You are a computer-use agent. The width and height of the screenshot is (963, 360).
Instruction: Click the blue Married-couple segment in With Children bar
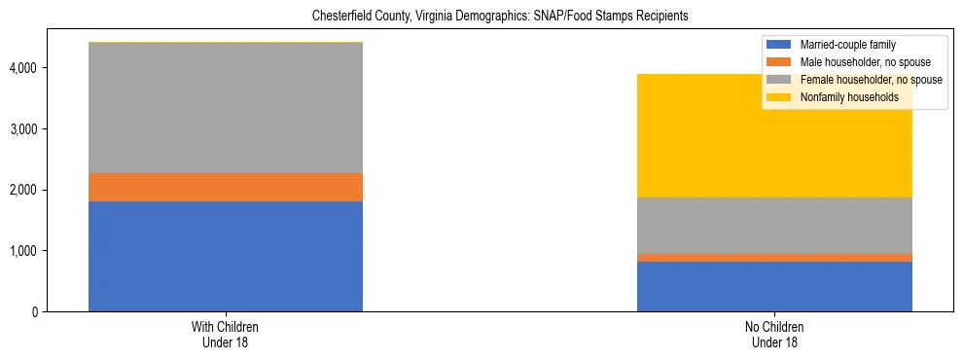click(x=226, y=256)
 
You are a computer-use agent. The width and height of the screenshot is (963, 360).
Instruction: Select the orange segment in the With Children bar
click(x=226, y=187)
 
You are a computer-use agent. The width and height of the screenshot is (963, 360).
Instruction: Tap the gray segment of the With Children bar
click(x=226, y=108)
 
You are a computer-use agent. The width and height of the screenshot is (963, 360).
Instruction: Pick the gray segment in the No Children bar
click(x=774, y=226)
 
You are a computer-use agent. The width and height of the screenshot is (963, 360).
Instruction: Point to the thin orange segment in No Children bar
click(x=774, y=258)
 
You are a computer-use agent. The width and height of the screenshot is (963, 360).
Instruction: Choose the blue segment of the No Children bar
click(x=774, y=286)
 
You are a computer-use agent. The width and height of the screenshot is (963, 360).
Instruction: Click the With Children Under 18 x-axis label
click(x=226, y=334)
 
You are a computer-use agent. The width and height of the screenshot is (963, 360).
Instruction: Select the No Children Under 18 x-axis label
click(x=774, y=334)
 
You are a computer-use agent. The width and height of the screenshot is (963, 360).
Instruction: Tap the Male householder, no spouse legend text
click(x=859, y=62)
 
